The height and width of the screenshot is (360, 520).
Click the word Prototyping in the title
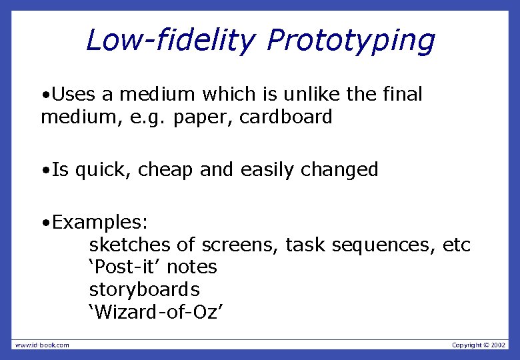pyautogui.click(x=351, y=41)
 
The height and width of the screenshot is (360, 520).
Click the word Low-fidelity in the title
pyautogui.click(x=170, y=40)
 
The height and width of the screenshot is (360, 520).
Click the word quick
pyautogui.click(x=103, y=170)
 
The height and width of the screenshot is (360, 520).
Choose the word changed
pyautogui.click(x=339, y=170)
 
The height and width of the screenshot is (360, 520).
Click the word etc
pyautogui.click(x=457, y=245)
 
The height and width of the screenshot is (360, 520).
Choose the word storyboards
pyautogui.click(x=144, y=290)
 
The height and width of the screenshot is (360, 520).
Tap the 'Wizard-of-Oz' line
pyautogui.click(x=151, y=312)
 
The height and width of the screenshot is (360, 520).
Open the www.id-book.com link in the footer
pyautogui.click(x=42, y=345)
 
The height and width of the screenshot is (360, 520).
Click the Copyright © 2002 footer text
pyautogui.click(x=479, y=345)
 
